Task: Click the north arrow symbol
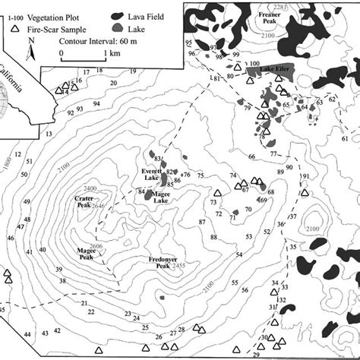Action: [x=30, y=49]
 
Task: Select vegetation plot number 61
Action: [x=344, y=138]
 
